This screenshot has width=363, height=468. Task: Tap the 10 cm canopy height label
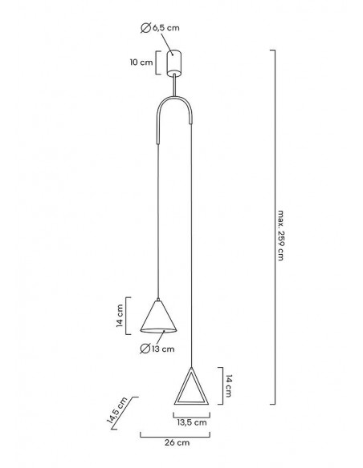141,63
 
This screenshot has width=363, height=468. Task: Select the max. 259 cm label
280,236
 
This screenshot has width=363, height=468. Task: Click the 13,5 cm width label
192,422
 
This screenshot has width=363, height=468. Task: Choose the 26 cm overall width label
177,442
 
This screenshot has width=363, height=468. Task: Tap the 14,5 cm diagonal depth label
117,410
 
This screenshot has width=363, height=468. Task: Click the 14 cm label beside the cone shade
120,316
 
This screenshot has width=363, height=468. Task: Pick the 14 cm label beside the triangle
228,386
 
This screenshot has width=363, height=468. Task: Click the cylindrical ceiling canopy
174,63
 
